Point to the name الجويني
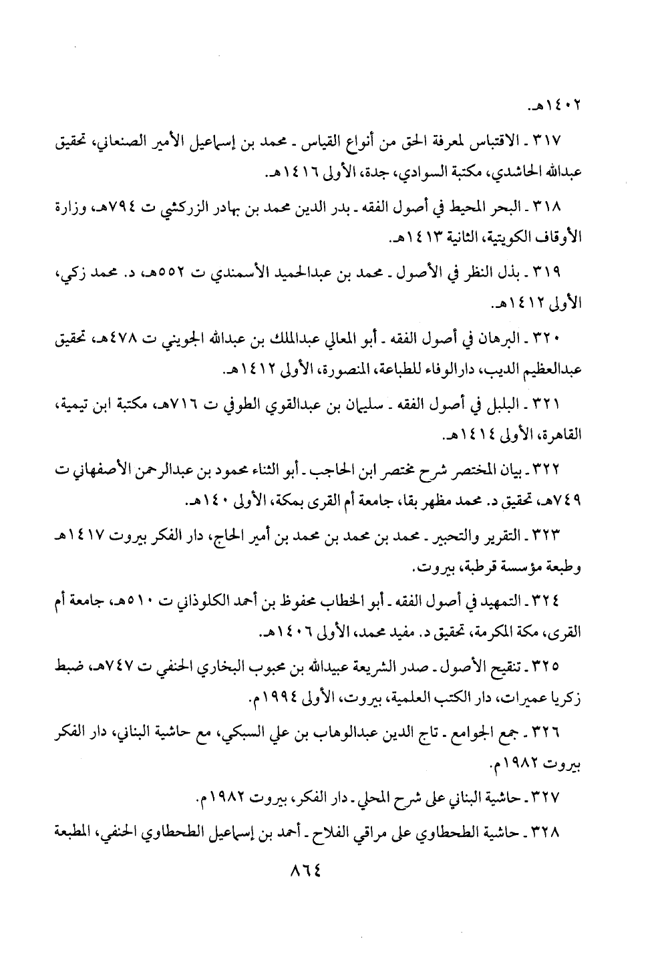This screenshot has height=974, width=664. click(155, 339)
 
